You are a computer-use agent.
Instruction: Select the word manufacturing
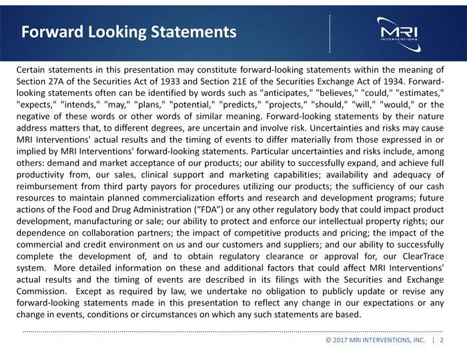115,222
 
